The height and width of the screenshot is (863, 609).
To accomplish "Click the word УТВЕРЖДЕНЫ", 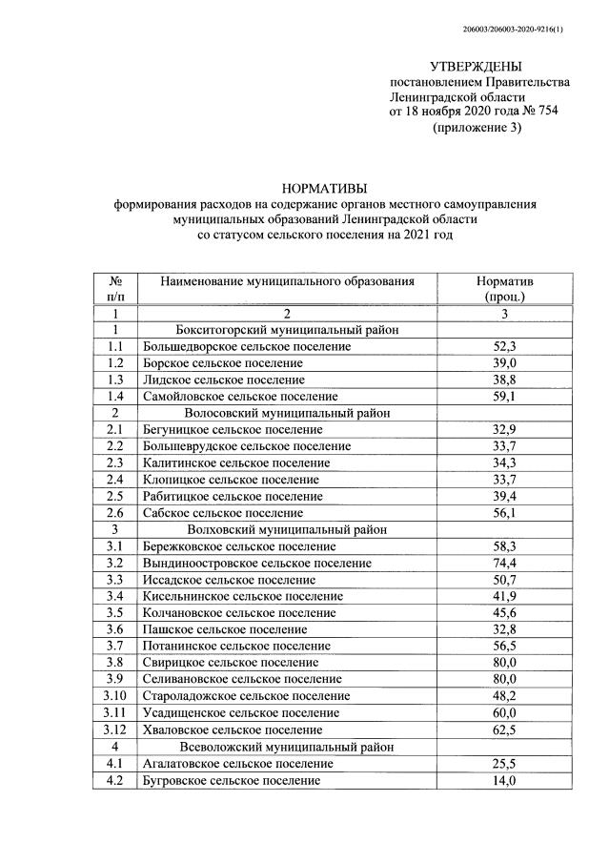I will (476, 66).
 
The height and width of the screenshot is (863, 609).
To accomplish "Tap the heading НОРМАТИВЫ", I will (324, 188).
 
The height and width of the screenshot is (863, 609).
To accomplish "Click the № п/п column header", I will (115, 289).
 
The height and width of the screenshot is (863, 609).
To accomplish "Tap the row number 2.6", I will (115, 512).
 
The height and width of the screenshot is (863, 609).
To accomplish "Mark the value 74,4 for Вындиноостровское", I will (504, 563).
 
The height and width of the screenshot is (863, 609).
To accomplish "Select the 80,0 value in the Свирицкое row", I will (504, 662).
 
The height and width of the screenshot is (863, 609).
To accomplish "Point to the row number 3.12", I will (115, 729).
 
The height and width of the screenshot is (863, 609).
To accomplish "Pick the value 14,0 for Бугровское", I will (504, 780).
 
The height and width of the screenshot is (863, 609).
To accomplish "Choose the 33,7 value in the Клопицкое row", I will (504, 479).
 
